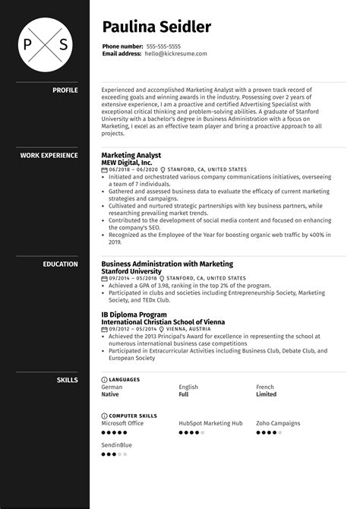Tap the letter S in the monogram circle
[x=63, y=43]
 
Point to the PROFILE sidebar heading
[x=65, y=90]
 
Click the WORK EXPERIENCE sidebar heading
[x=49, y=156]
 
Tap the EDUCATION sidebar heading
[x=62, y=264]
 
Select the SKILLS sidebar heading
[x=67, y=378]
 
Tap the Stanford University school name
[x=131, y=271]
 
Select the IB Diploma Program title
[x=134, y=314]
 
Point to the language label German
[x=112, y=387]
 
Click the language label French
[x=265, y=387]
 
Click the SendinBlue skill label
[x=116, y=444]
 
